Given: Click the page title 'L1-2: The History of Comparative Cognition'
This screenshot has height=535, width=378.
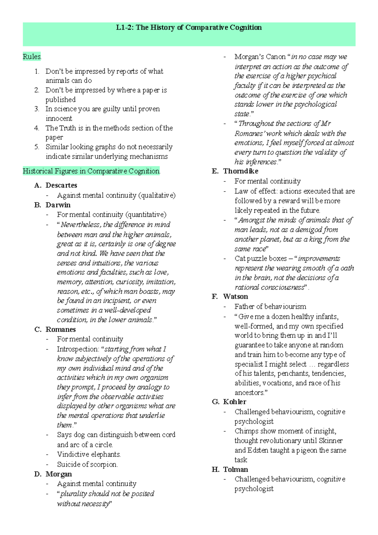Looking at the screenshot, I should [189, 27].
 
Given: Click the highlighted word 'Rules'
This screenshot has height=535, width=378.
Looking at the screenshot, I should [32, 57].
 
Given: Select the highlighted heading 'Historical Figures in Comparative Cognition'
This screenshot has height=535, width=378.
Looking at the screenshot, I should [91, 171].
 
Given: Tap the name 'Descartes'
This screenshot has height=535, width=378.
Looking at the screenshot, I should [61, 185].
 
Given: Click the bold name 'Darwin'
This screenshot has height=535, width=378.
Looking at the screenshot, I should [58, 205].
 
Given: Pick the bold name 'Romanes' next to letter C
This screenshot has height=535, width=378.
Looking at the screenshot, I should [60, 329].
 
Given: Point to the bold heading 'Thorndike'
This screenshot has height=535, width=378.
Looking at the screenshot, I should [241, 171].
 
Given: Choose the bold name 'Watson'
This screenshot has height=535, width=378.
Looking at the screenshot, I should [235, 296].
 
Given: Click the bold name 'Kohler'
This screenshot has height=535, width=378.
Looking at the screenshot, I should [235, 402].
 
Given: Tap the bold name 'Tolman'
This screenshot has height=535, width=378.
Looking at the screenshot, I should [235, 469].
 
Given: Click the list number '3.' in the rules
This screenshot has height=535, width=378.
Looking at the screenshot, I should [37, 109].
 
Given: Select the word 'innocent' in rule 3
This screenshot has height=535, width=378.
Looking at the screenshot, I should [59, 118].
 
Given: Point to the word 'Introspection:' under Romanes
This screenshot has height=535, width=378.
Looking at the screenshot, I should [78, 349].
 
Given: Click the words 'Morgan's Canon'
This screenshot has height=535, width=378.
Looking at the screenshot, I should [260, 57].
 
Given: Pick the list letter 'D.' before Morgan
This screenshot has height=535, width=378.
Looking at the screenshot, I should [38, 474].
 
